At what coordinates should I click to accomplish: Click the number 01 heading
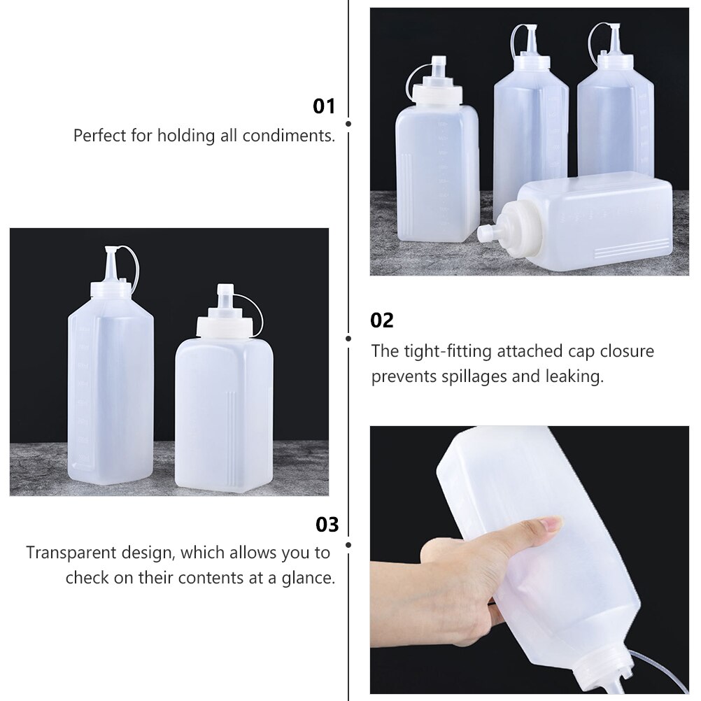(x=324, y=106)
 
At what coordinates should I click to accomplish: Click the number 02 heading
(x=382, y=320)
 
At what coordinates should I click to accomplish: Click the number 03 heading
(x=327, y=524)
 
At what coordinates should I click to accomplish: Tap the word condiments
(x=289, y=135)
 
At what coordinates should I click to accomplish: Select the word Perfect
(x=99, y=135)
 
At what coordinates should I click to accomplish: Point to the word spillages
(x=484, y=376)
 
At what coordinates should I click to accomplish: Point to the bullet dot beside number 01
(x=348, y=123)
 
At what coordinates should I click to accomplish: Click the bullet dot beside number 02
(x=348, y=338)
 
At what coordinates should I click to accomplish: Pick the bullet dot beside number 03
(x=348, y=544)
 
